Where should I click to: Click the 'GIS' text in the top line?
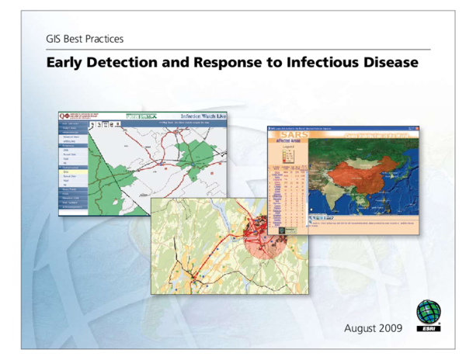(55, 38)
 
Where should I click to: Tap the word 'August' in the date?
(362, 328)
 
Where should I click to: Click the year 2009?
(392, 328)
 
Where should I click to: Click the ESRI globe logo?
(429, 313)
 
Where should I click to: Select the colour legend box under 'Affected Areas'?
(288, 156)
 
